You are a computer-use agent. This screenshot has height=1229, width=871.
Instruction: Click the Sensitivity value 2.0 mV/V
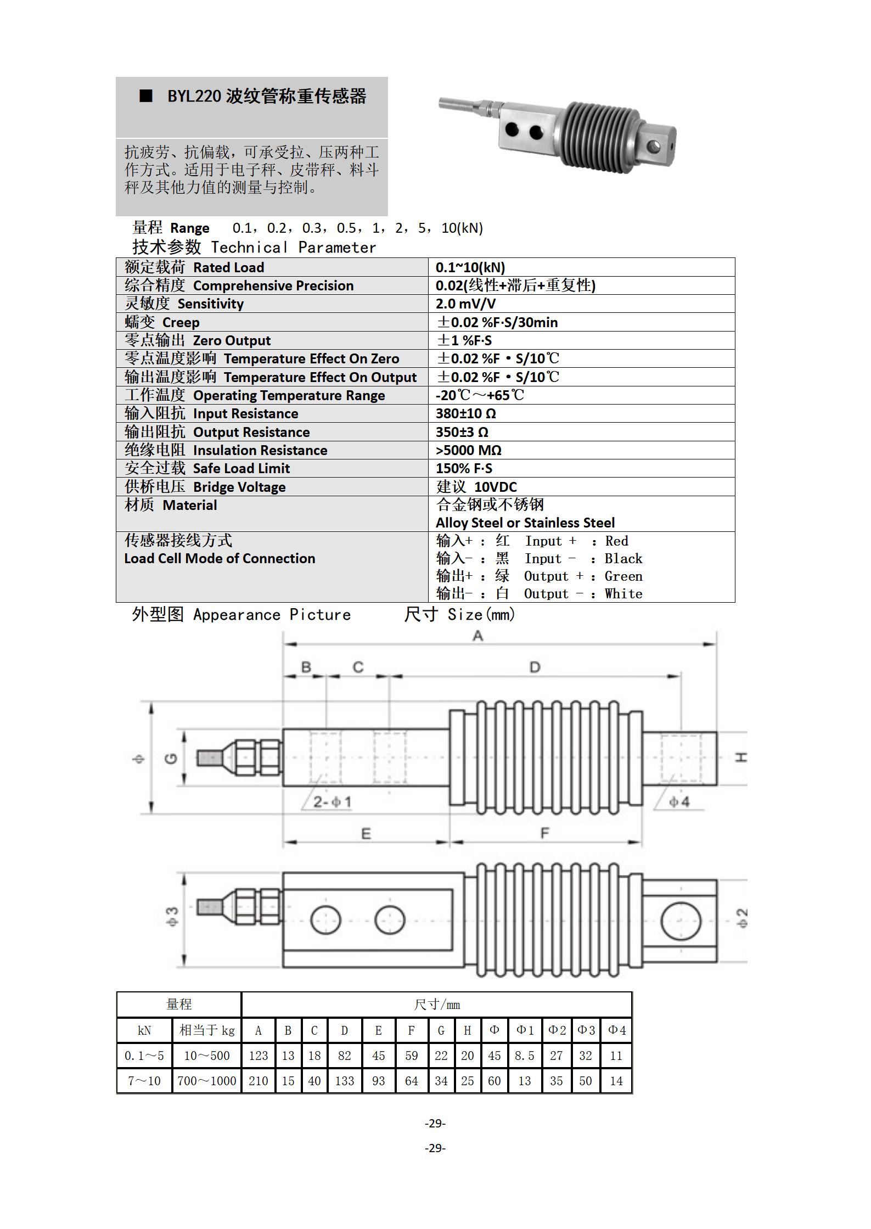(x=465, y=304)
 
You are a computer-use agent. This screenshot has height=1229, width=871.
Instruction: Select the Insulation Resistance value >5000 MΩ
(x=468, y=451)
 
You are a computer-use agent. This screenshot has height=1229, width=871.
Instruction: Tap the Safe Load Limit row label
(x=207, y=469)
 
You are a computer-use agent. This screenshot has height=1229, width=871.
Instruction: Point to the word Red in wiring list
(x=616, y=541)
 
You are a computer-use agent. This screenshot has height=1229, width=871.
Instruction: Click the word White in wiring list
(x=623, y=594)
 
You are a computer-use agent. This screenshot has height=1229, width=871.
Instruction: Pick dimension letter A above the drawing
(x=477, y=636)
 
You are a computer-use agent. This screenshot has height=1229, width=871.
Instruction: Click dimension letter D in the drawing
(x=535, y=667)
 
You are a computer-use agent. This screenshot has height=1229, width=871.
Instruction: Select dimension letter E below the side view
(x=366, y=834)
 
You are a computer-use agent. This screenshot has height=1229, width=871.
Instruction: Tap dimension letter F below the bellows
(x=544, y=833)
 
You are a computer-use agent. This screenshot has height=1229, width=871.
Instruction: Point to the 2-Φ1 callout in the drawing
(x=332, y=802)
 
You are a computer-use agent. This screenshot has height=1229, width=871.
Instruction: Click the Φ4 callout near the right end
(x=679, y=802)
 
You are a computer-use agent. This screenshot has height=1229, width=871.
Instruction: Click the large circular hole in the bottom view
(x=681, y=921)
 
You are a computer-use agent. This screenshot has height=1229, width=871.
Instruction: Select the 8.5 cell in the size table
(x=524, y=1056)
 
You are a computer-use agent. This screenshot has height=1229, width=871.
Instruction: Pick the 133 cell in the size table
(x=345, y=1081)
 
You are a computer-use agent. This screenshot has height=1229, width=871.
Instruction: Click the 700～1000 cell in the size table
(x=207, y=1081)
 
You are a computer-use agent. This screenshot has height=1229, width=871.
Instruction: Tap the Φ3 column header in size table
(x=586, y=1030)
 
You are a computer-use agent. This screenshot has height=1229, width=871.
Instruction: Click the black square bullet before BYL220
(x=146, y=96)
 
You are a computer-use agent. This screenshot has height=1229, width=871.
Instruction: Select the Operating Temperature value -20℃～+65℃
(x=480, y=395)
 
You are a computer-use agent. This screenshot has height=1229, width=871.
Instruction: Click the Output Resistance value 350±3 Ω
(x=462, y=433)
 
